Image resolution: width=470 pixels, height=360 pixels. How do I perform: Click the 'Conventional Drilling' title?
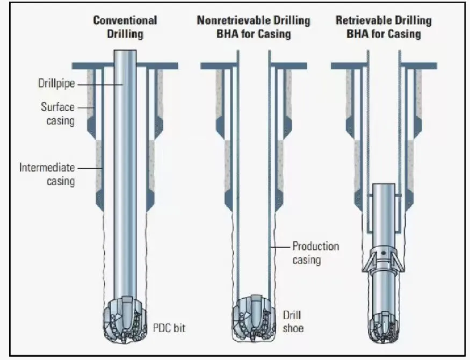tap(125, 27)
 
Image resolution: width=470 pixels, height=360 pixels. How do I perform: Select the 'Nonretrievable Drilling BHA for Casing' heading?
tap(254, 27)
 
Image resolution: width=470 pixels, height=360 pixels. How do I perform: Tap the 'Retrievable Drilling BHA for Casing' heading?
tap(384, 27)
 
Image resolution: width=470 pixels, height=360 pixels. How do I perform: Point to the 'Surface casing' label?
tap(57, 113)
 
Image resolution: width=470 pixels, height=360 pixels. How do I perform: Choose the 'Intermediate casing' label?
tap(47, 174)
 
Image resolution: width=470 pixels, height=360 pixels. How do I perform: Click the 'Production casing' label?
tap(315, 253)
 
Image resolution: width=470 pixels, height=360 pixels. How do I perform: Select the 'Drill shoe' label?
tap(293, 321)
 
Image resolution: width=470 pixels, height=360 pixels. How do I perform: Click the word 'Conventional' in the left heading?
tap(125, 21)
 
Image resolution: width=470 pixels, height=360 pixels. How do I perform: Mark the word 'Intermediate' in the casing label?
tap(47, 168)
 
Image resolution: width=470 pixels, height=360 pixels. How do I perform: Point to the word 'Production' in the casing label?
tap(315, 247)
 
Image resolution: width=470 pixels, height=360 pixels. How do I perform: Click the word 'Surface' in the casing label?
tap(57, 107)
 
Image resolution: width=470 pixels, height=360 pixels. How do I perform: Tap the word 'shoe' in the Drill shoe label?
tap(293, 327)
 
